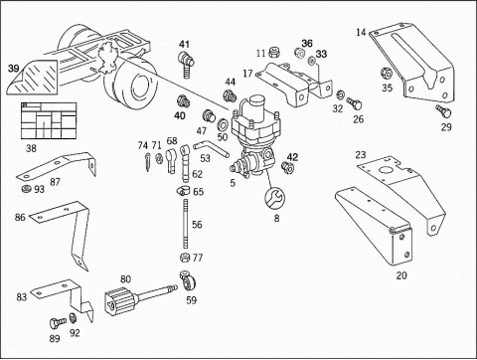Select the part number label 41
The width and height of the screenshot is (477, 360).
click(185, 44)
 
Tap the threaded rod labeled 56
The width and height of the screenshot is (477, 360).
click(185, 223)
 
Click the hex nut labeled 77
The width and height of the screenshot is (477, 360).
click(185, 258)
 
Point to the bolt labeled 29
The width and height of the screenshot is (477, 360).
click(443, 111)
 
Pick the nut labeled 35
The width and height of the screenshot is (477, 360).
click(386, 73)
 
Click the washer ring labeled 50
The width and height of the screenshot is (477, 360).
click(222, 125)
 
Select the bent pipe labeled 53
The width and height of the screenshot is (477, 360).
click(211, 148)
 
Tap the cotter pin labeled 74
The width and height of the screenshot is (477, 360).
click(147, 162)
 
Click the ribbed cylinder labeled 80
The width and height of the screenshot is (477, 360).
click(120, 302)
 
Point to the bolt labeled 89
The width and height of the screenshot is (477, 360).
click(58, 322)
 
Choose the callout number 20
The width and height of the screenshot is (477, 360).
click(401, 275)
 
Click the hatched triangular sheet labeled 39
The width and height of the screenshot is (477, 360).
click(33, 77)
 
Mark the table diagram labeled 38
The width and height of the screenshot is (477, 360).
click(49, 120)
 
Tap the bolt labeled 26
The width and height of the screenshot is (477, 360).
click(354, 103)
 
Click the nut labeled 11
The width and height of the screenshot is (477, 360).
click(273, 53)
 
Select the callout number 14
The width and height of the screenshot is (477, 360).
click(361, 32)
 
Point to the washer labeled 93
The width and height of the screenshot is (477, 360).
click(26, 189)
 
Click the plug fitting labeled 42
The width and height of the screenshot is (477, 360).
click(287, 166)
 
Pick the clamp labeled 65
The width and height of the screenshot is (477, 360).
click(183, 191)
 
